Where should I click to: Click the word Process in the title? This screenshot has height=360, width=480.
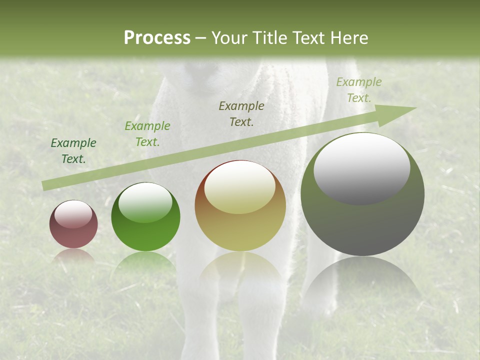[157, 37]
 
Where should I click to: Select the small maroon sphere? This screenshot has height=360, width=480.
[73, 224]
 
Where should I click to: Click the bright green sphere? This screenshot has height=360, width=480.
[145, 217]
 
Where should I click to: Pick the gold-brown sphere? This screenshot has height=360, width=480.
[240, 206]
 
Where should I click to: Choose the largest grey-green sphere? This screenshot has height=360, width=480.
[362, 194]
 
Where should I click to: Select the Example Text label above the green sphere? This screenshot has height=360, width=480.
[147, 134]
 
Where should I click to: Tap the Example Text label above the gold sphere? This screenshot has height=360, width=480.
[241, 113]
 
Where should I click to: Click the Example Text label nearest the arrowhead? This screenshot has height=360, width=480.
[359, 90]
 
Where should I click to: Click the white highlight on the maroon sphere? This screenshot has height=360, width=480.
[73, 214]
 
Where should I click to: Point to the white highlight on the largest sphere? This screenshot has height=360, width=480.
[361, 169]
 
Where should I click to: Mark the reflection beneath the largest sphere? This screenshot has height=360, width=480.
[362, 280]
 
